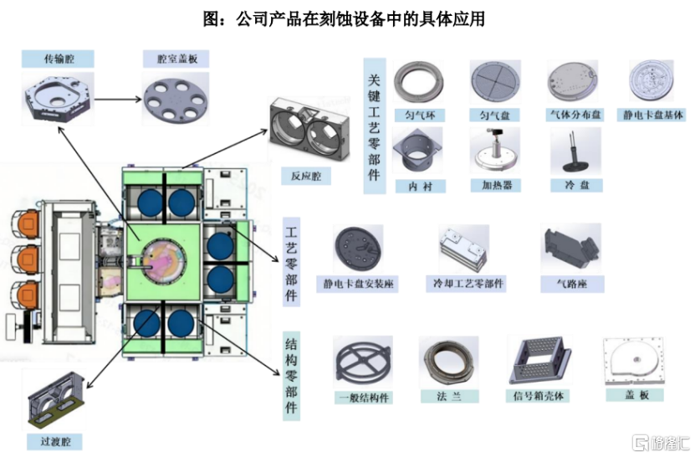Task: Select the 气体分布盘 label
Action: coord(575,114)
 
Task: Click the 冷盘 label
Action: coord(576,185)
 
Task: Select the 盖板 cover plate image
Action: coord(634,362)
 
